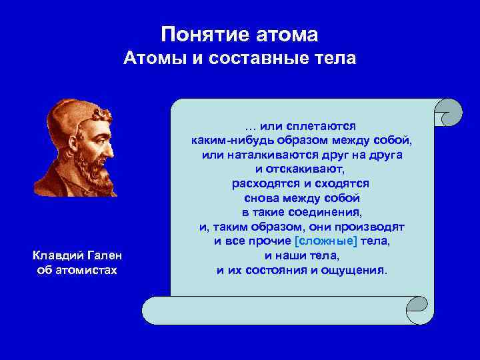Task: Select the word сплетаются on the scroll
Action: tap(318, 126)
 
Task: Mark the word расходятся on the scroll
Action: tap(263, 183)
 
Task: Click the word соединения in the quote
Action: tap(329, 212)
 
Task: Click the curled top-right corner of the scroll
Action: tap(447, 111)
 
